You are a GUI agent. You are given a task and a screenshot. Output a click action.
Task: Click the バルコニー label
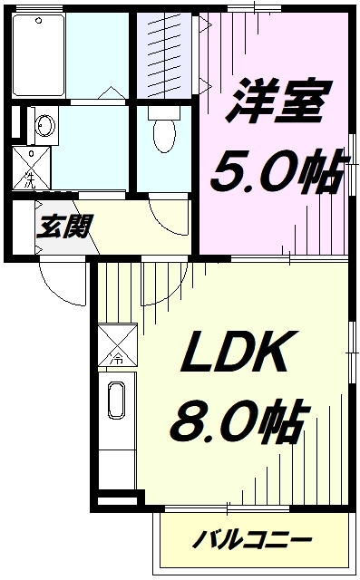252,540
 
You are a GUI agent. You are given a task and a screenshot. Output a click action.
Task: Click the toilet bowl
164,130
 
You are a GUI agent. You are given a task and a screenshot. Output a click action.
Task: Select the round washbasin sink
45,125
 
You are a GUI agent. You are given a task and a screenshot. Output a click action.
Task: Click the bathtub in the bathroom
38,55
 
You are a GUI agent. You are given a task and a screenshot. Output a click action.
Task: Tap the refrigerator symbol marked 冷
117,345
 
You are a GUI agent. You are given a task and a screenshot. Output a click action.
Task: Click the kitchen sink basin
116,401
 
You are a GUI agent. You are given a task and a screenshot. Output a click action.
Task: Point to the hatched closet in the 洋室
165,56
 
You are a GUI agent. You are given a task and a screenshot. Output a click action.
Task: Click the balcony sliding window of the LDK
228,509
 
